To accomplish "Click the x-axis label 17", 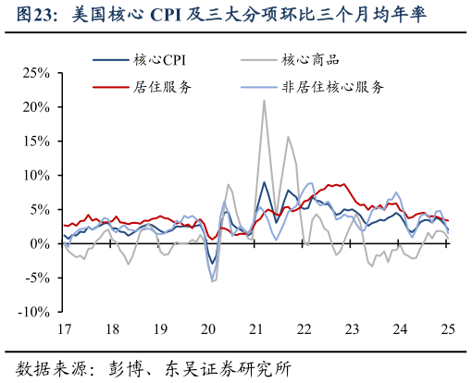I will click(x=64, y=329).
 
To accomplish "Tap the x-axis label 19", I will click(x=160, y=329).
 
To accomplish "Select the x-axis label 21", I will click(x=256, y=329).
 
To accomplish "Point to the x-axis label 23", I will click(x=353, y=329).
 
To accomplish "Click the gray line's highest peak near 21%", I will click(x=264, y=100).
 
